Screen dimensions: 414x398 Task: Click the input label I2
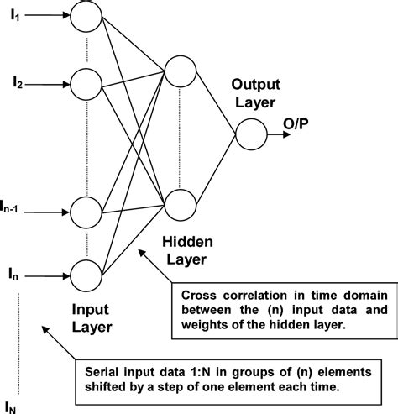tap(17, 82)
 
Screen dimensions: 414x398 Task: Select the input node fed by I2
tap(85, 82)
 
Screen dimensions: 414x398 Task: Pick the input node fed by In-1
tap(85, 209)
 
